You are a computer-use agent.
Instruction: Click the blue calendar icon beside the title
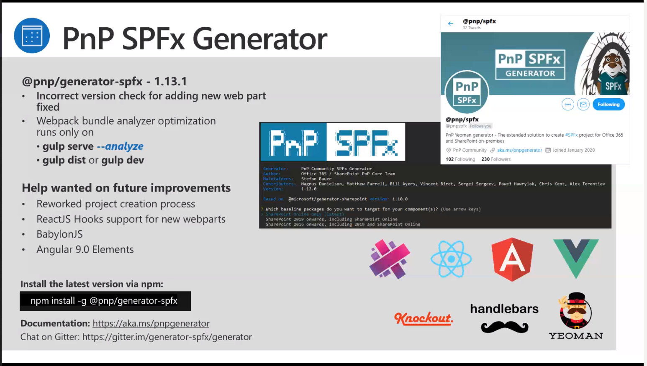tap(32, 36)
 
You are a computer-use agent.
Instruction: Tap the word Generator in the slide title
tap(259, 39)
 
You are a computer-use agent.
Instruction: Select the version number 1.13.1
tap(170, 81)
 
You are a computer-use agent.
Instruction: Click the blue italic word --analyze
tap(120, 146)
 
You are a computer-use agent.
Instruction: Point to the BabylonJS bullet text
tap(59, 234)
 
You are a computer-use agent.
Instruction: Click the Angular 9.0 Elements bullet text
tap(85, 250)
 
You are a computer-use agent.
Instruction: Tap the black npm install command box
tap(105, 301)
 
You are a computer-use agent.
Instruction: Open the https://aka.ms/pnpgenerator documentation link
tap(151, 323)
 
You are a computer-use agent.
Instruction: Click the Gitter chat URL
tap(167, 337)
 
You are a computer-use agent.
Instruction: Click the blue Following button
tap(608, 105)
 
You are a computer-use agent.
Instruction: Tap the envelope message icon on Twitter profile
tap(583, 105)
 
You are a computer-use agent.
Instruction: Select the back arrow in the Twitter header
tap(450, 24)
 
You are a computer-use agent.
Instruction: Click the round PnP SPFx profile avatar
tap(467, 92)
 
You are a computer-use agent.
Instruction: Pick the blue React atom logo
tap(451, 259)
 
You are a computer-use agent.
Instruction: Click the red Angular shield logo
tap(512, 259)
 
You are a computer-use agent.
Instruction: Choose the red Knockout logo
tap(424, 319)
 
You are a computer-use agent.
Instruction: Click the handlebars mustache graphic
tap(504, 327)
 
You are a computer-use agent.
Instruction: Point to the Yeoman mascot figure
tap(576, 311)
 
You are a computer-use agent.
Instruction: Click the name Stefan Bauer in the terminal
tap(316, 179)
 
